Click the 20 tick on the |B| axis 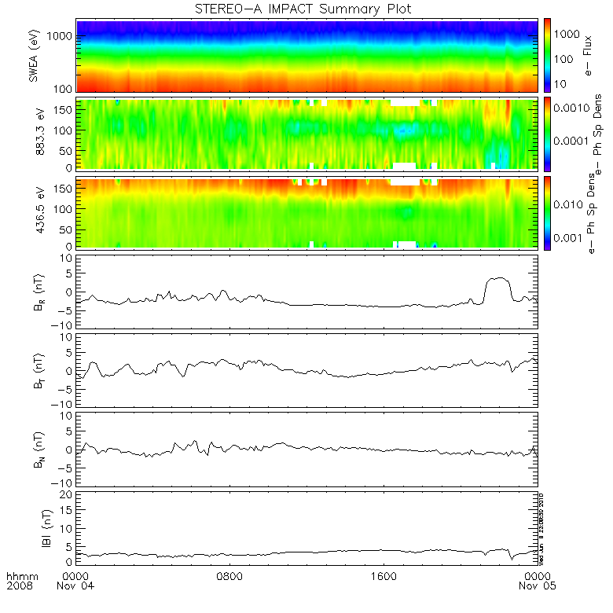[x=69, y=494]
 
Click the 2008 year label [x=17, y=586]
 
